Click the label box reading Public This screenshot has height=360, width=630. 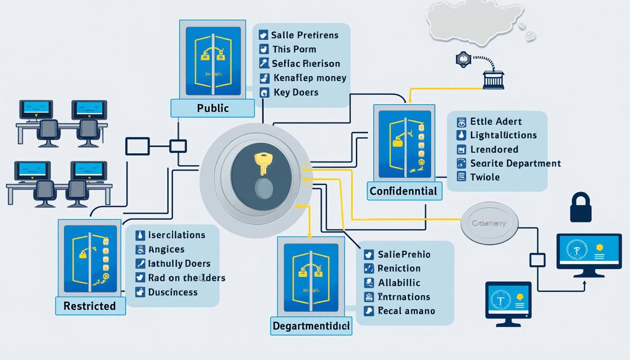(x=213, y=108)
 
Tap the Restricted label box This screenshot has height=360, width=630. (x=90, y=306)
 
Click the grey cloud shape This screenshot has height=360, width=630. (x=475, y=26)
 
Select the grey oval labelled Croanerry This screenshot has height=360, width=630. (x=490, y=224)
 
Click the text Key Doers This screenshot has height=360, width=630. (x=295, y=92)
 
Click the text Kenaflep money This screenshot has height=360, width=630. (x=309, y=78)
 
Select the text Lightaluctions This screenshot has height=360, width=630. (x=503, y=135)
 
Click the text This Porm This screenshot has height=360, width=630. (x=294, y=49)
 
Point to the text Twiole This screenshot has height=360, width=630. (x=485, y=177)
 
